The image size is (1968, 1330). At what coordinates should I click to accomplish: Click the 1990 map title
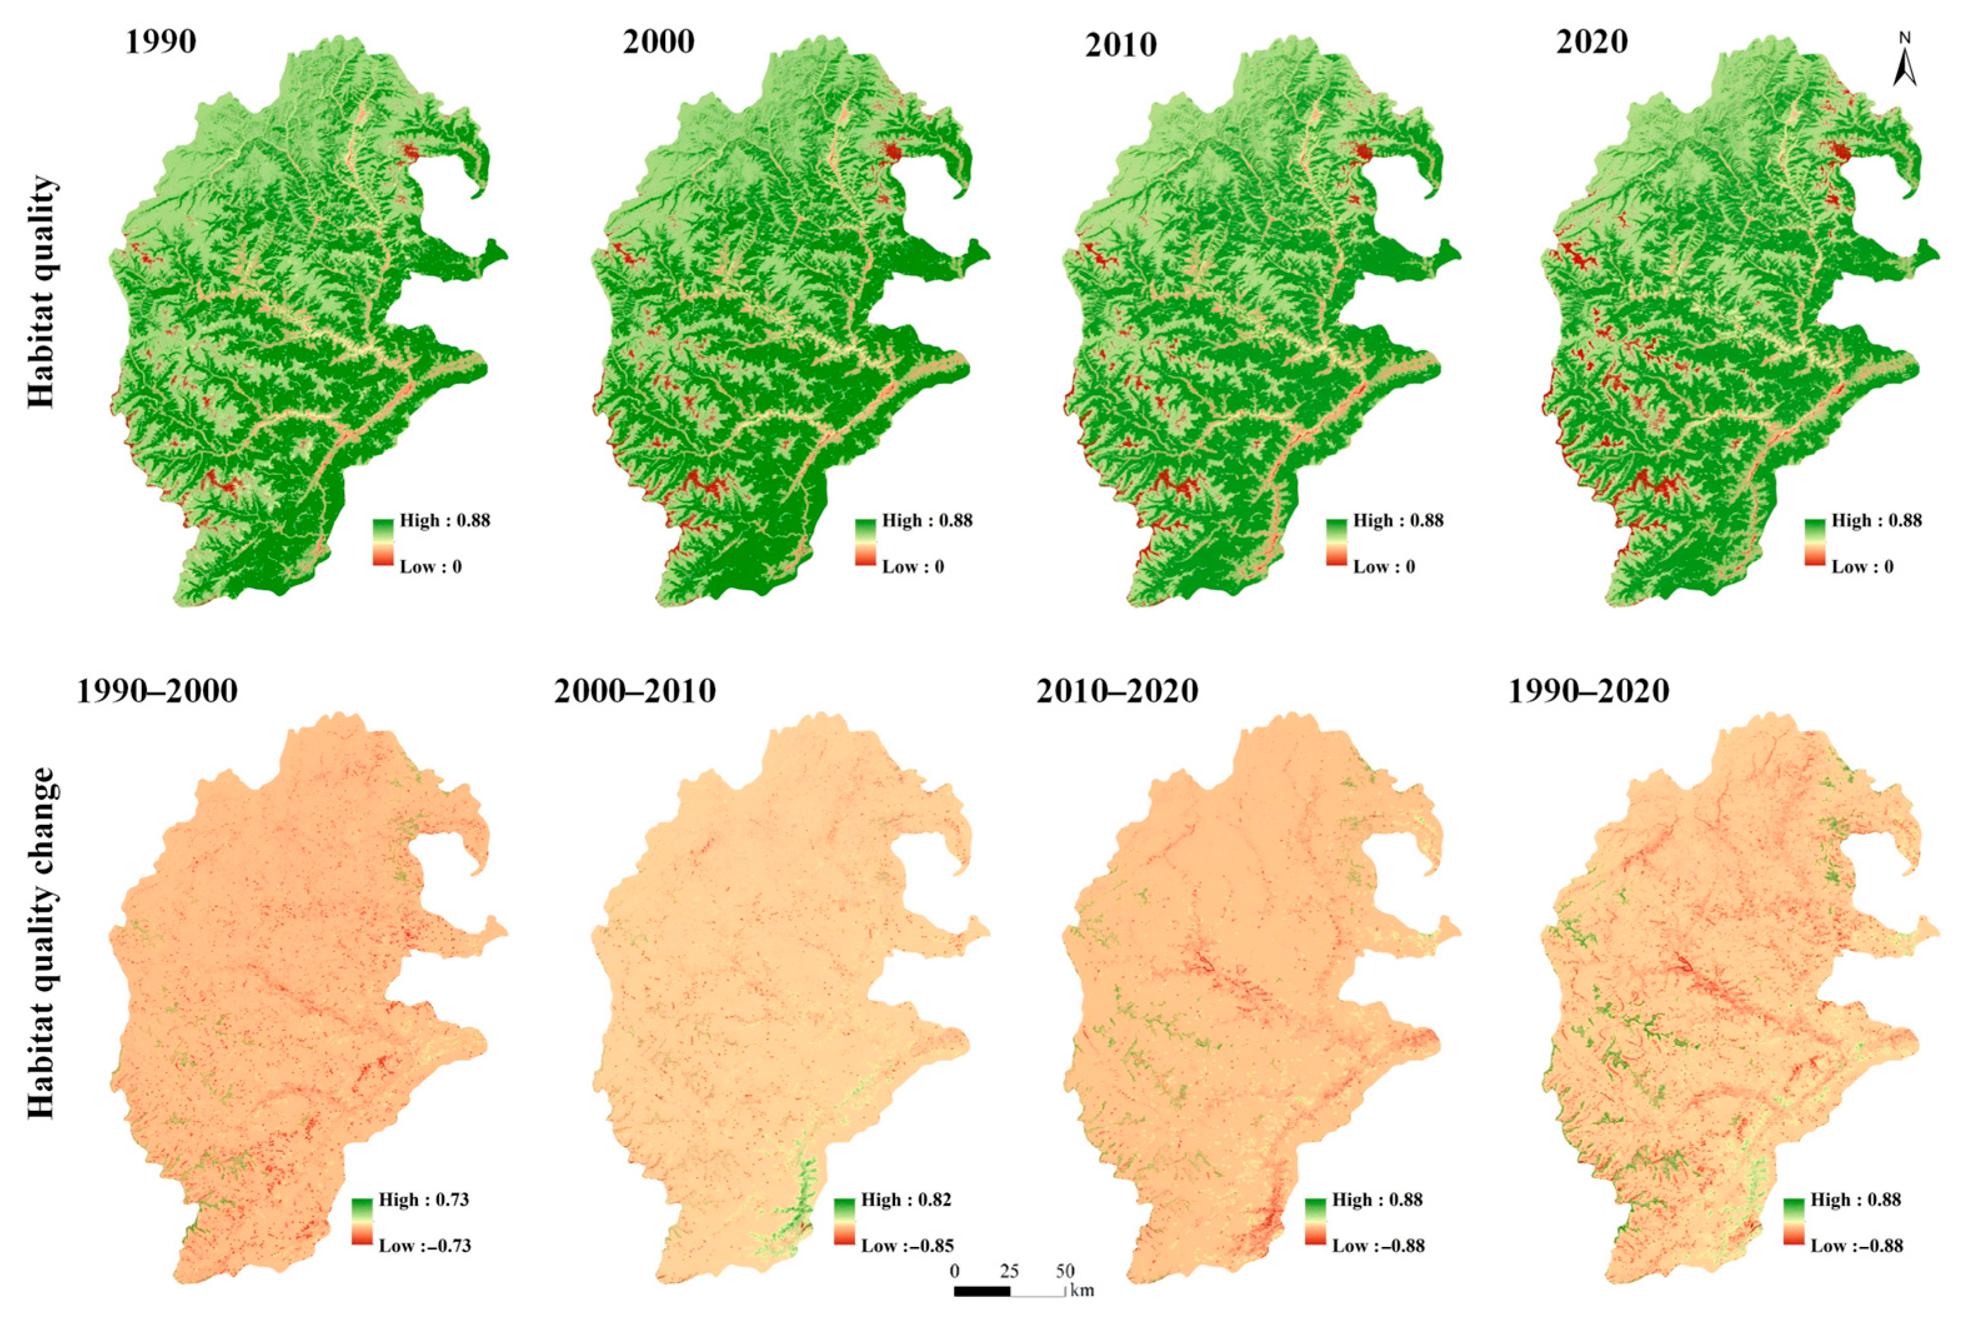point(161,41)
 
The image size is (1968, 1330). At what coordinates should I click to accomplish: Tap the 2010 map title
point(1120,45)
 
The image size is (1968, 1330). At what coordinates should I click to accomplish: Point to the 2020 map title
point(1591,41)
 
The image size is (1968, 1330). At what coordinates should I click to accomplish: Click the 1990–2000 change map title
point(157,691)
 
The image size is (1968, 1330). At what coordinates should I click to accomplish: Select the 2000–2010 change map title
point(635,691)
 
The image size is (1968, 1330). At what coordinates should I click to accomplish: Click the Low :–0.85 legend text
point(907,1245)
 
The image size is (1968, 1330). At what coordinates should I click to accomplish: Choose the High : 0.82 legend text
point(906,1199)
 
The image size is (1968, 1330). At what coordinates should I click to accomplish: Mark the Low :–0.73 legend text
point(424,1245)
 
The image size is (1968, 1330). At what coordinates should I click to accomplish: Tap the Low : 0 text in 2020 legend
point(1862,566)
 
